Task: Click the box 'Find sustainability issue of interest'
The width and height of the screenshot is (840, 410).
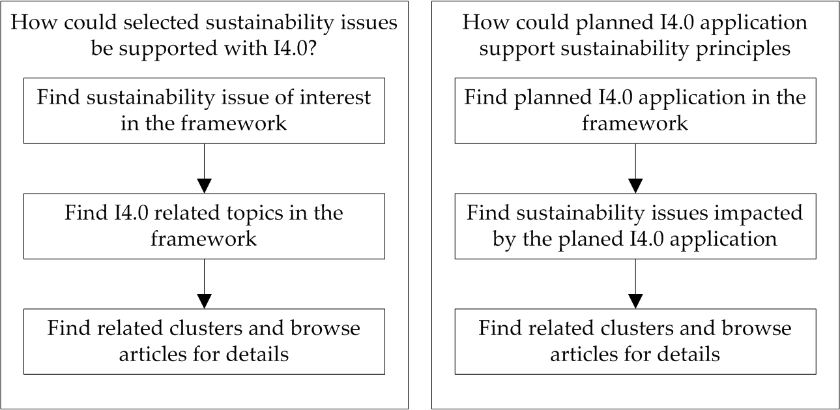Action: pyautogui.click(x=204, y=111)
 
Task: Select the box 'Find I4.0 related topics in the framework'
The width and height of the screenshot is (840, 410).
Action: pyautogui.click(x=204, y=226)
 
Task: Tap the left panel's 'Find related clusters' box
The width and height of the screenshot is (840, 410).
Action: pyautogui.click(x=204, y=342)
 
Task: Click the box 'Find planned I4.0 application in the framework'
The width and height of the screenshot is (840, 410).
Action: pyautogui.click(x=635, y=111)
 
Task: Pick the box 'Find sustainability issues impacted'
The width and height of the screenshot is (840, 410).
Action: pyautogui.click(x=635, y=226)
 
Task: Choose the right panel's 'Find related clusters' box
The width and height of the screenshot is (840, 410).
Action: pyautogui.click(x=635, y=342)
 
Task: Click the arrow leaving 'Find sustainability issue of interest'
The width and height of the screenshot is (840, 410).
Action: pyautogui.click(x=205, y=168)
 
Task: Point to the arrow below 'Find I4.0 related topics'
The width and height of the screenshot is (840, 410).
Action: pyautogui.click(x=205, y=284)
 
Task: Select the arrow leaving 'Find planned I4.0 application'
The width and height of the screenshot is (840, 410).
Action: pyautogui.click(x=635, y=168)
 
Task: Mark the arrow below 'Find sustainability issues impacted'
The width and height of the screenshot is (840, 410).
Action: pyautogui.click(x=635, y=284)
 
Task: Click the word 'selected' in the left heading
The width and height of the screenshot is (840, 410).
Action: pyautogui.click(x=161, y=22)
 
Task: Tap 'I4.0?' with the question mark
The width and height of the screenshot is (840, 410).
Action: pyautogui.click(x=295, y=48)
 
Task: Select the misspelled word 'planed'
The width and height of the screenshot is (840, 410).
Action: pyautogui.click(x=588, y=240)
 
